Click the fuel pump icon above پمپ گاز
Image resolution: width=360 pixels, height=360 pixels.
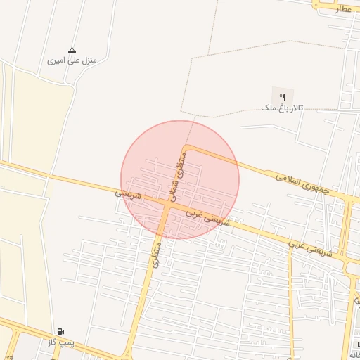(x=61, y=330)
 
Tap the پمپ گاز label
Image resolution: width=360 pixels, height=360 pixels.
(x=61, y=342)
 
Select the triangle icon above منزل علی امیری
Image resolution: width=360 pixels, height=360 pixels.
(x=71, y=50)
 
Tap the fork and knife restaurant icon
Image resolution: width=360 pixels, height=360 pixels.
(x=282, y=96)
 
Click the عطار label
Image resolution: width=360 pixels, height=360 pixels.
(x=343, y=8)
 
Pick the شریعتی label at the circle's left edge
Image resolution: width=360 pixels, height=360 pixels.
(x=129, y=193)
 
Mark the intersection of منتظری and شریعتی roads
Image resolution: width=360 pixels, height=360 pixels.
(x=166, y=205)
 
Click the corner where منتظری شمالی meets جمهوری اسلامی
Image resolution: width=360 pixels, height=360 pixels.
(x=186, y=148)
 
